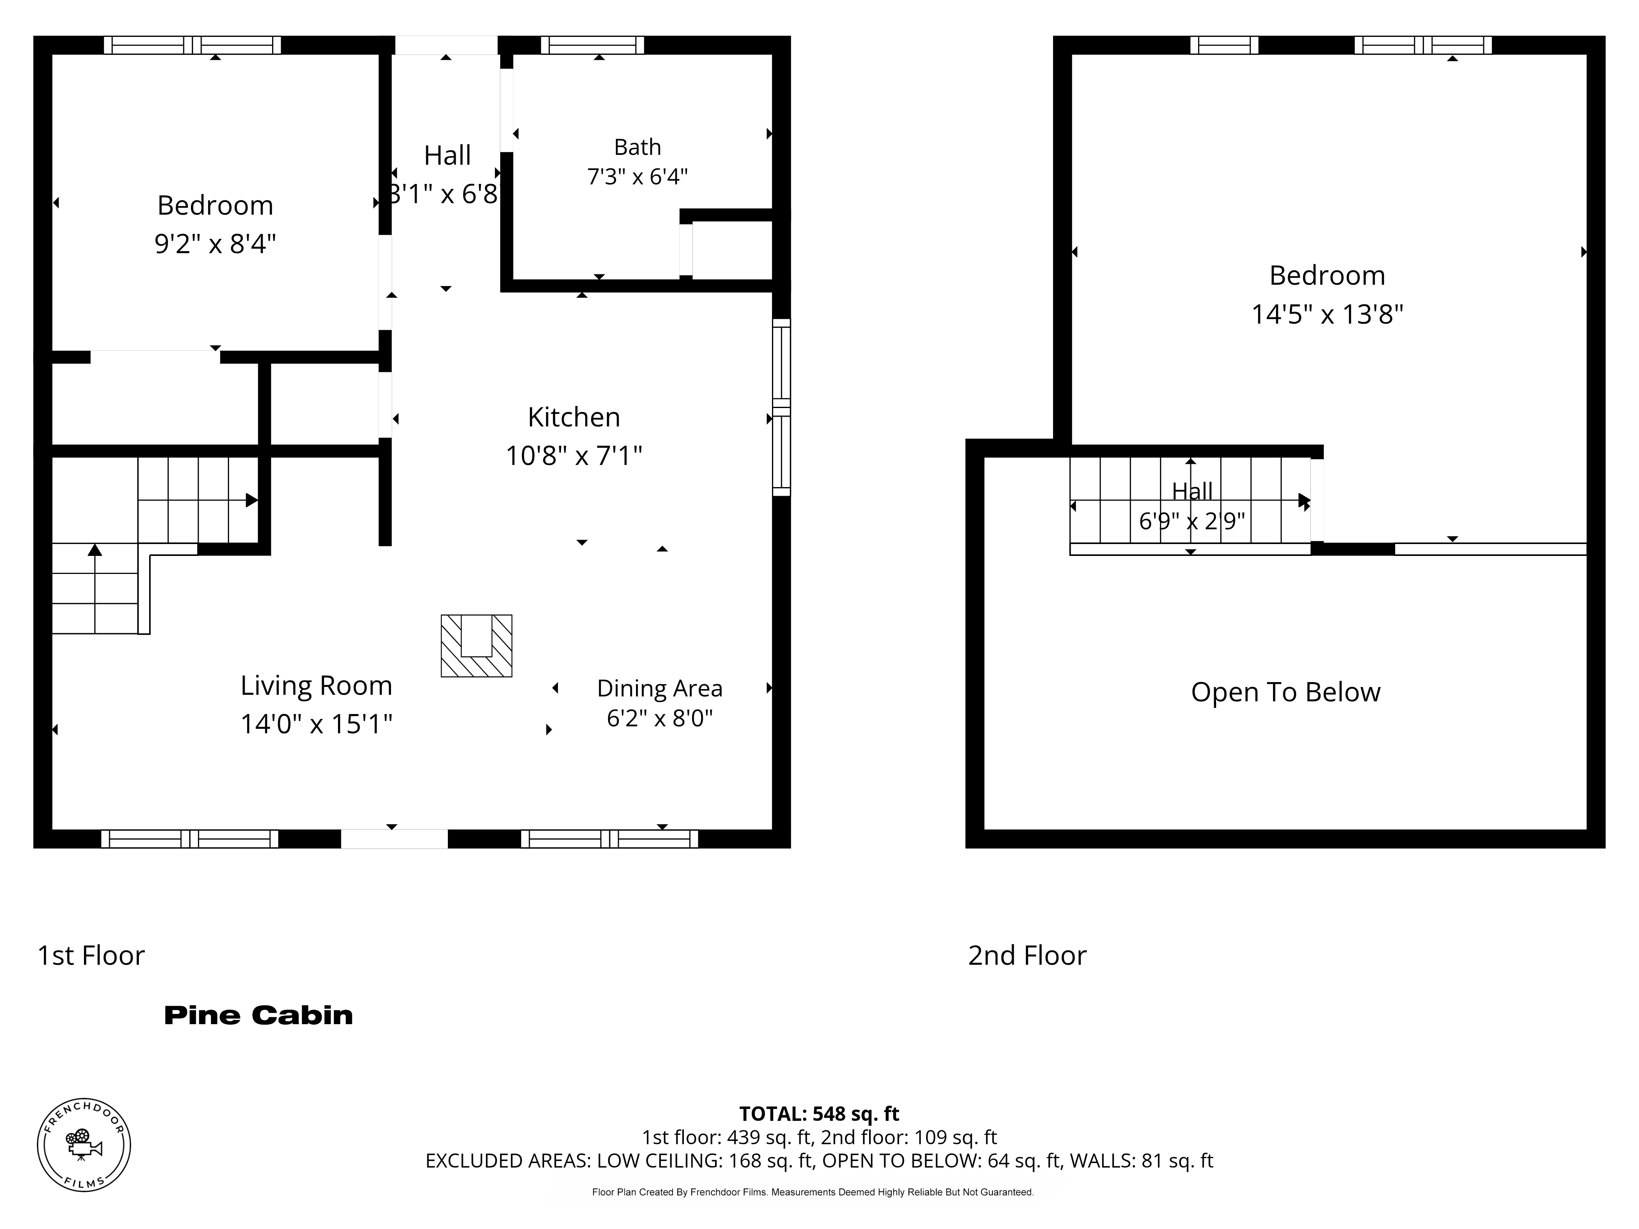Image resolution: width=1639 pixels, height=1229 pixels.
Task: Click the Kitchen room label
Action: [574, 417]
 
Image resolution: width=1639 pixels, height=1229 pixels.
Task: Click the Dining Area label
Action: [659, 688]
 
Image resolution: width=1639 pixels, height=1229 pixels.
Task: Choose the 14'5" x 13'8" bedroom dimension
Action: [1327, 314]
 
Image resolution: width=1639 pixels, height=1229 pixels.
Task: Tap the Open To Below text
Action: [1285, 692]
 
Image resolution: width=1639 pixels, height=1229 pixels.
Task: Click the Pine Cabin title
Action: [259, 1015]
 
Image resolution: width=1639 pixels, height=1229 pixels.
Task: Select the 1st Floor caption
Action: [91, 956]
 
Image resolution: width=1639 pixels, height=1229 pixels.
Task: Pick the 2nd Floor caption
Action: [1027, 956]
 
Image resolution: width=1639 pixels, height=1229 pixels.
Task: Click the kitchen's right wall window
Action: [782, 407]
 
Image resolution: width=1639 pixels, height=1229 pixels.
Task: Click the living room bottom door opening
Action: [394, 839]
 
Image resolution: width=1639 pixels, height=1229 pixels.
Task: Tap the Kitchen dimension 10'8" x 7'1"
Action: [574, 455]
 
